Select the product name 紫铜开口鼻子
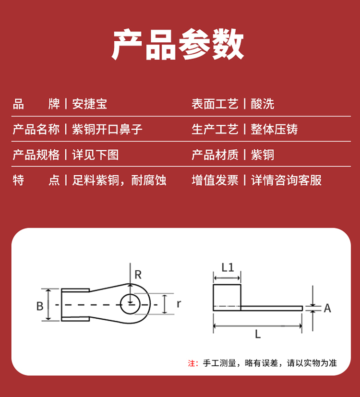tap(107, 129)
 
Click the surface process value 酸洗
tap(262, 104)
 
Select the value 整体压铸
tap(274, 129)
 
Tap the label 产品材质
tap(215, 155)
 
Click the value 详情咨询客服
tap(286, 180)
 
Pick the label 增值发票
tap(215, 180)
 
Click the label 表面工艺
tap(215, 104)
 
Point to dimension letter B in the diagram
tap(40, 306)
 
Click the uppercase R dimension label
tap(138, 275)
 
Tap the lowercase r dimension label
tap(179, 304)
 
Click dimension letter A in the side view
tap(327, 308)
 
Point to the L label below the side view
tap(258, 335)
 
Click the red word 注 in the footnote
tap(191, 363)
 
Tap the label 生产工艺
tap(215, 129)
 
